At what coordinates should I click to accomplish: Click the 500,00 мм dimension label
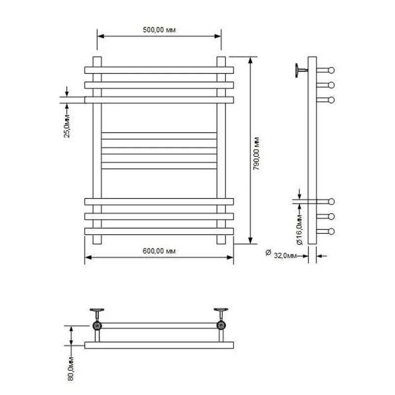coord(159,30)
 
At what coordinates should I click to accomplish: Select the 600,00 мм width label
coord(159,251)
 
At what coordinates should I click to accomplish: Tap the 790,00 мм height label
coord(256,154)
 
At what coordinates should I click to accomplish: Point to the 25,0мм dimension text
coord(67,126)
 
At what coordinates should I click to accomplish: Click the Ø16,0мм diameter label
coord(299,230)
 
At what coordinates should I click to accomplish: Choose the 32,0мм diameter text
coord(285,256)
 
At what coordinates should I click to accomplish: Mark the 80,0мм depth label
coord(71,368)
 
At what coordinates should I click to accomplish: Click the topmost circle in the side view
coord(331,70)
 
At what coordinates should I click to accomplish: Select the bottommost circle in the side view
coord(331,231)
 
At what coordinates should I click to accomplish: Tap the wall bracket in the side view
coord(301,70)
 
